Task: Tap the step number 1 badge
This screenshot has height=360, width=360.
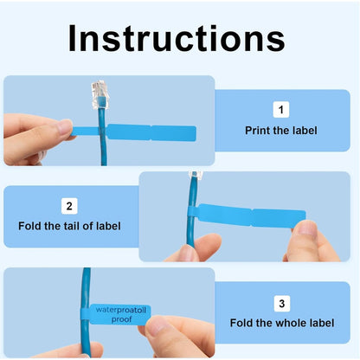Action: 280,110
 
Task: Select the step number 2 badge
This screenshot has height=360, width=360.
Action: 69,206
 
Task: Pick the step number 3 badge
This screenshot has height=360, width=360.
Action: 280,304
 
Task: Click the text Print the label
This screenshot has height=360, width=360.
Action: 280,132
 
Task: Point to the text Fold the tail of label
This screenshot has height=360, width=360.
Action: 69,226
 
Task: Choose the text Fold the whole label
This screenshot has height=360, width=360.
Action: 280,324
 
